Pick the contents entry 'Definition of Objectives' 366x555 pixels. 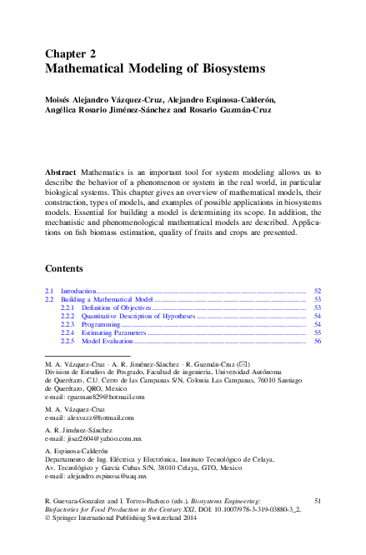point(118,307)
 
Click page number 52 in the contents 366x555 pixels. point(318,290)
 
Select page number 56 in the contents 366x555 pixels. point(318,341)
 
